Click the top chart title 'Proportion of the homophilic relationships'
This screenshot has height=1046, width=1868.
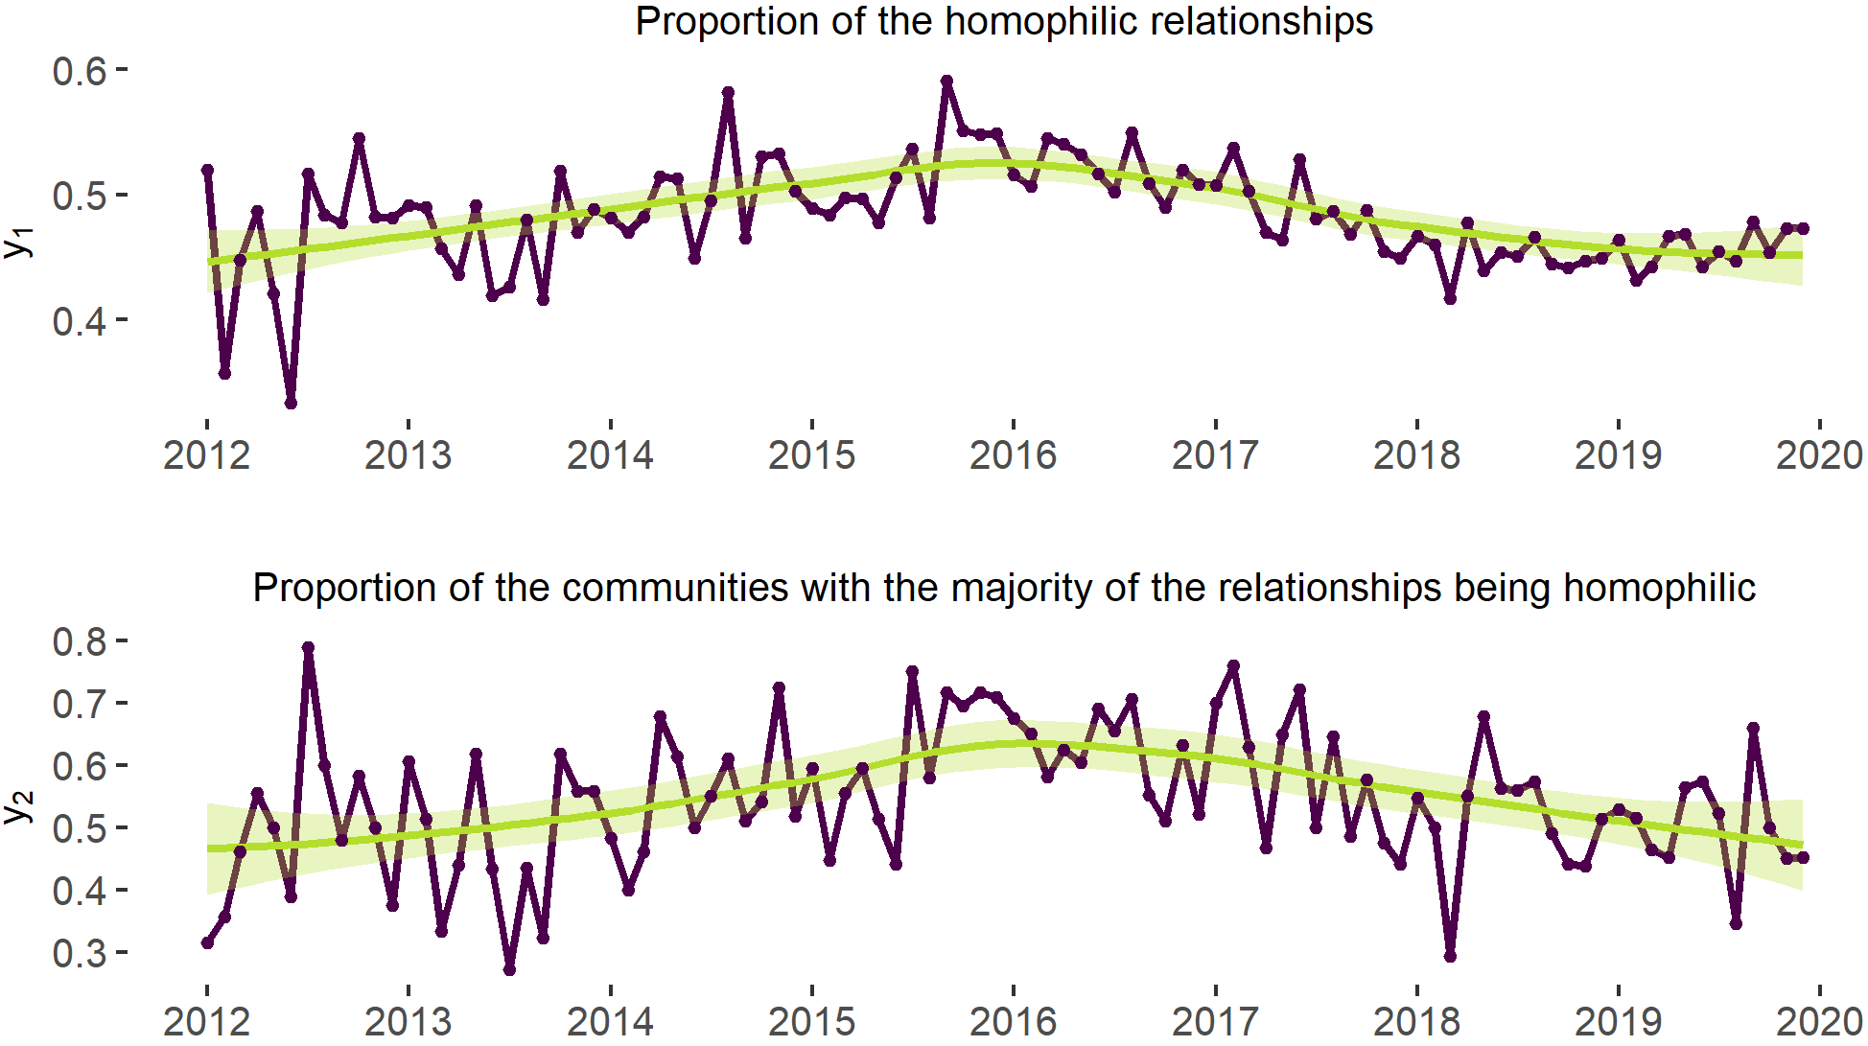1004,21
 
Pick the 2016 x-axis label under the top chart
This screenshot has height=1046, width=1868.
1013,454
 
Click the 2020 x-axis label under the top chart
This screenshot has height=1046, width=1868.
1819,454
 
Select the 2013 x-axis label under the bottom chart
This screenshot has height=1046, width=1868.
408,1021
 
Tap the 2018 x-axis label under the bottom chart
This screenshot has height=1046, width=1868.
1416,1021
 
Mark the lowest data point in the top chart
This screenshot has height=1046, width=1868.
291,403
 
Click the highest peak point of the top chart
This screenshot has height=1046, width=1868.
946,81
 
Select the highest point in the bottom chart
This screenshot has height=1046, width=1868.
308,648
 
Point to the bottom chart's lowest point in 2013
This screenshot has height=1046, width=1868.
509,969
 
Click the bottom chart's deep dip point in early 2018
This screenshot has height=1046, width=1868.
1450,956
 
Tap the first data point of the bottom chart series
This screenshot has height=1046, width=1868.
207,942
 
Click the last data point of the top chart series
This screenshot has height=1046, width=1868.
1803,228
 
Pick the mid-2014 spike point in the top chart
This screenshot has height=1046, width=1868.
728,93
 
